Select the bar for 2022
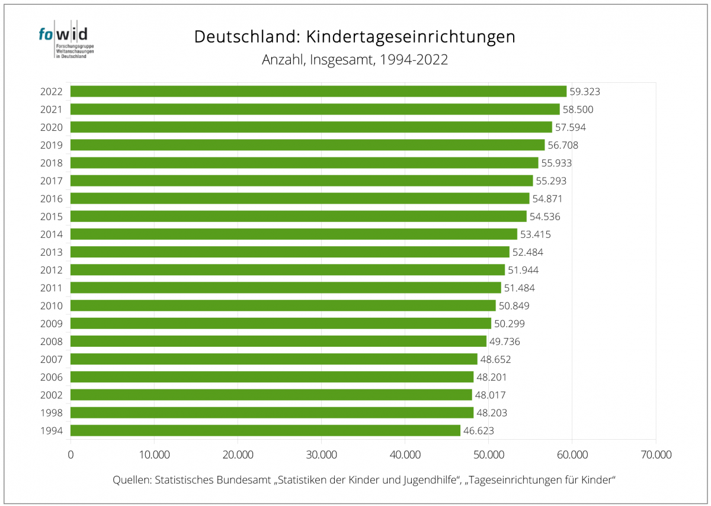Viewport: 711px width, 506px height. [x=318, y=91]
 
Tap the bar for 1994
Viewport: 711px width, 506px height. [x=265, y=430]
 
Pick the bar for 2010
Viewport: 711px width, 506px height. [x=283, y=305]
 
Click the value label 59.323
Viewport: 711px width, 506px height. [x=585, y=92]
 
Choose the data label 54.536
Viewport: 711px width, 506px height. [x=545, y=217]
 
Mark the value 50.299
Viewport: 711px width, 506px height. [x=510, y=324]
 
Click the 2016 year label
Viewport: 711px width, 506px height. [x=52, y=199]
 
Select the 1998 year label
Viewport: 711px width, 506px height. [x=52, y=412]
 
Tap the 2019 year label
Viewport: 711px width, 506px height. [x=52, y=145]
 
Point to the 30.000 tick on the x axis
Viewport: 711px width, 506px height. [x=321, y=455]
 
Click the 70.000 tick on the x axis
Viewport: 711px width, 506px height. [x=655, y=455]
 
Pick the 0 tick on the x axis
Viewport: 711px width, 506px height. [x=71, y=455]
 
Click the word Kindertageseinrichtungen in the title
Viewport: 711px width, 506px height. [x=411, y=37]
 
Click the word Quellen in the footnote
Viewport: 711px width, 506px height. [x=131, y=480]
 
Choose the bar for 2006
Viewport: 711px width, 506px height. [x=272, y=377]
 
